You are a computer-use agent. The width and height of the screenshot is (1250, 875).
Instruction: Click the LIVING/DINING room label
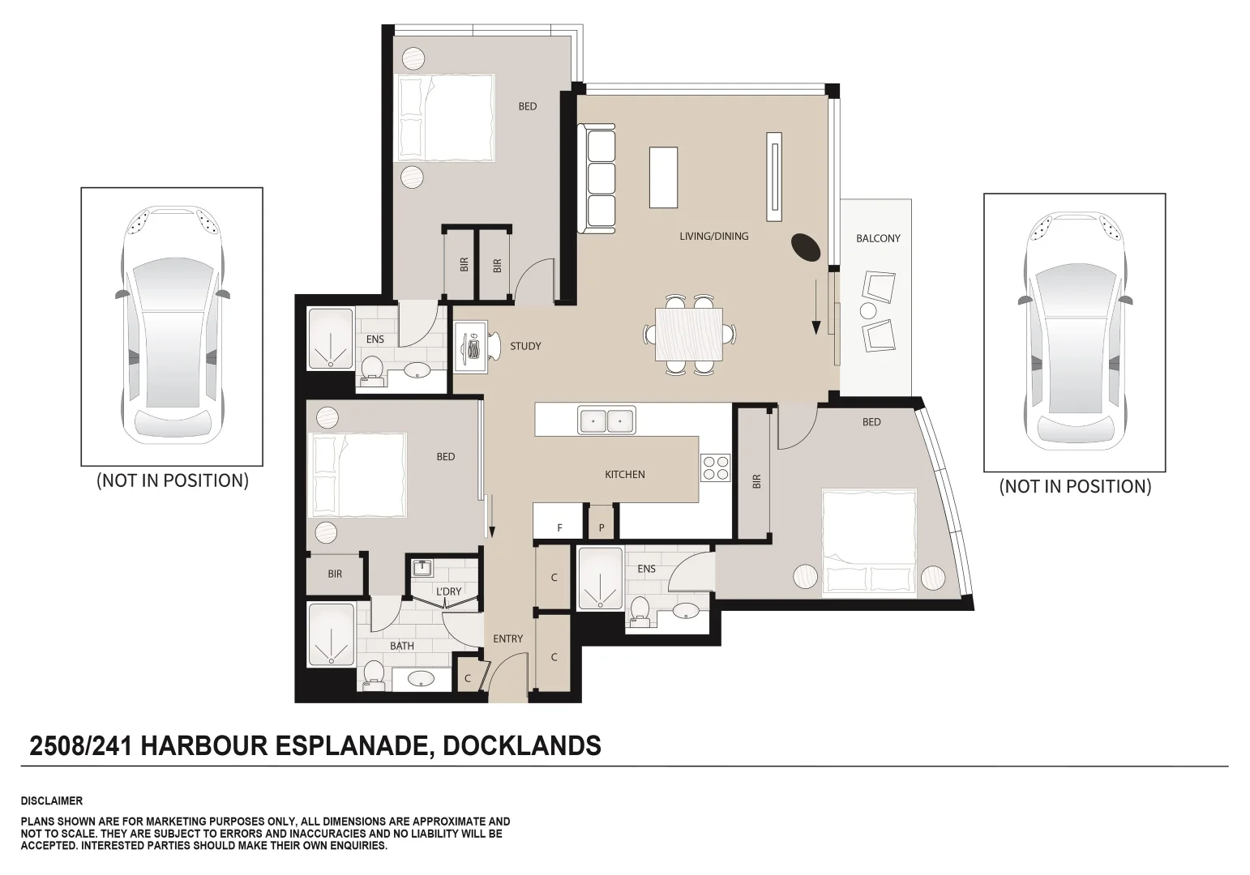pyautogui.click(x=713, y=237)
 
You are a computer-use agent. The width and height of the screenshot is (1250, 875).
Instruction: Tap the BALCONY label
pyautogui.click(x=878, y=239)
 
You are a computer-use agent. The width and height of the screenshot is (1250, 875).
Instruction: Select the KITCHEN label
pyautogui.click(x=624, y=475)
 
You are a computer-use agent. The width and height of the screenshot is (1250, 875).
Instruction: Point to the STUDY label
pyautogui.click(x=525, y=347)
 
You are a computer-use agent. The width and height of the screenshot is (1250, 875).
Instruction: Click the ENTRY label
pyautogui.click(x=508, y=639)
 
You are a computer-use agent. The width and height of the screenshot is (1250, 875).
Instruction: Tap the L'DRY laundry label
pyautogui.click(x=448, y=592)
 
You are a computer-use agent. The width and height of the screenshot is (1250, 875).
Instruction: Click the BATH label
pyautogui.click(x=402, y=646)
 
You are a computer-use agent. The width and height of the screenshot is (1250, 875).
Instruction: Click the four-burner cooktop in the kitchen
pyautogui.click(x=715, y=468)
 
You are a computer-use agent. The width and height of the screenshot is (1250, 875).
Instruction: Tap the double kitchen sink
pyautogui.click(x=606, y=420)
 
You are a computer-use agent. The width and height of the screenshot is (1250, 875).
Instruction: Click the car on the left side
pyautogui.click(x=172, y=327)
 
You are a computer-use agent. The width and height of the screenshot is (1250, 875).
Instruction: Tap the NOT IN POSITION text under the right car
pyautogui.click(x=1074, y=486)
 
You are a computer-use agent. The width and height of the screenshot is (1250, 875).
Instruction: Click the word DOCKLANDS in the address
pyautogui.click(x=523, y=745)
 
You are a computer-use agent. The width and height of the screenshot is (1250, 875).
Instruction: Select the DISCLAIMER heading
pyautogui.click(x=52, y=801)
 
